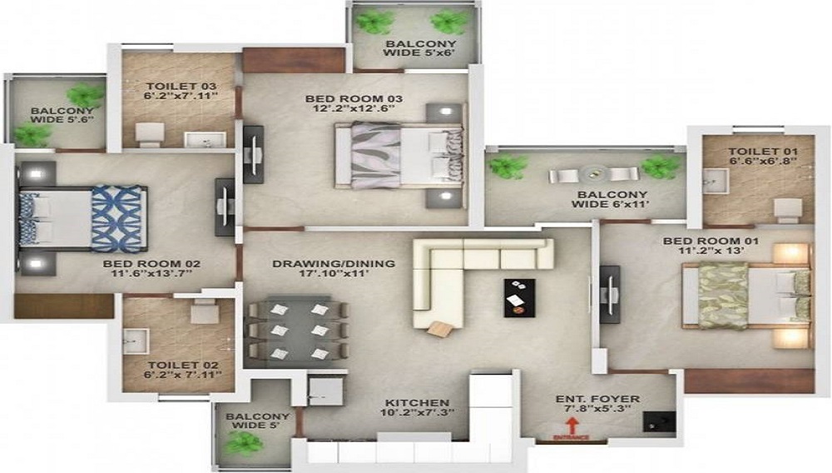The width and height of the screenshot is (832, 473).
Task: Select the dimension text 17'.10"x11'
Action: pyautogui.click(x=334, y=274)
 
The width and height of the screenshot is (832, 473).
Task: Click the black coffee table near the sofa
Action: pyautogui.click(x=519, y=296)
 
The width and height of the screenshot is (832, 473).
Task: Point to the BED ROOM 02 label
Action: pyautogui.click(x=151, y=265)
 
